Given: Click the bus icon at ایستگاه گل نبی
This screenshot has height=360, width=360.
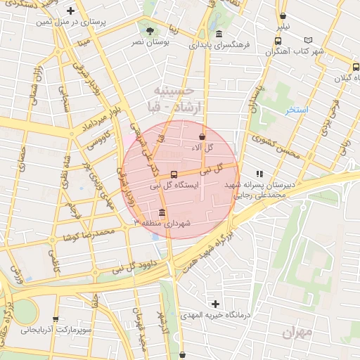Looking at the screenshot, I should click(174, 174).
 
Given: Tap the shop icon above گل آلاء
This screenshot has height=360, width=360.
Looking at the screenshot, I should click(202, 136).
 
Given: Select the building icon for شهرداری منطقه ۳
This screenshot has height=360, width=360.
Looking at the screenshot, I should click(162, 213).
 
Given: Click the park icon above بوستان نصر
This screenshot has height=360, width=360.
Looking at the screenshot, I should click(150, 31).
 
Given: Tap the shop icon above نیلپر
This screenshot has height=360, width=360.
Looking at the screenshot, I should click(283, 15).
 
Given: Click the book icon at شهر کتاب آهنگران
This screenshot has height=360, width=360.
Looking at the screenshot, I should click(307, 41).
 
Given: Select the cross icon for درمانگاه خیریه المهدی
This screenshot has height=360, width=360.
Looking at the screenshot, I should click(216, 303).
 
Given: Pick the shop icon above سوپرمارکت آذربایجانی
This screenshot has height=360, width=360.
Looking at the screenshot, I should click(56, 319).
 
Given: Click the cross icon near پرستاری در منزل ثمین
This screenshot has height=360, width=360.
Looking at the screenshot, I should click(70, 11).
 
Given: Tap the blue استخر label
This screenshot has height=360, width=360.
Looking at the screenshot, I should click(296, 110).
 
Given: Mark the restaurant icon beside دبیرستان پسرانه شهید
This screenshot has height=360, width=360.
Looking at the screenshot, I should click(259, 173).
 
